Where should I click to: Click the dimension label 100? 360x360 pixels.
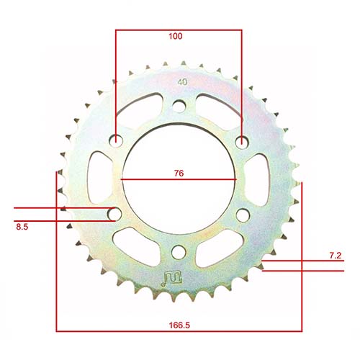175,36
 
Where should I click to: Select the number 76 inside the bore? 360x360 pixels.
178,173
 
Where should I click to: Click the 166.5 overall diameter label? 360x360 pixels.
178,325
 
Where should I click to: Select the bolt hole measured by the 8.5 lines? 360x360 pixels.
114,214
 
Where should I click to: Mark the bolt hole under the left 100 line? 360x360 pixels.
115,141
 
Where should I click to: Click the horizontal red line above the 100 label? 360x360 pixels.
178,30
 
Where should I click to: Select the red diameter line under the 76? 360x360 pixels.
178,179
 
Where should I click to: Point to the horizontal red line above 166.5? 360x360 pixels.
178,330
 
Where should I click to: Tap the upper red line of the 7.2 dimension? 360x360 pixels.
302,260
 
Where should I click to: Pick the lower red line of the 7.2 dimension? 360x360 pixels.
302,271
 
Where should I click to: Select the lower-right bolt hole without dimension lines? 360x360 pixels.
241,214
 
